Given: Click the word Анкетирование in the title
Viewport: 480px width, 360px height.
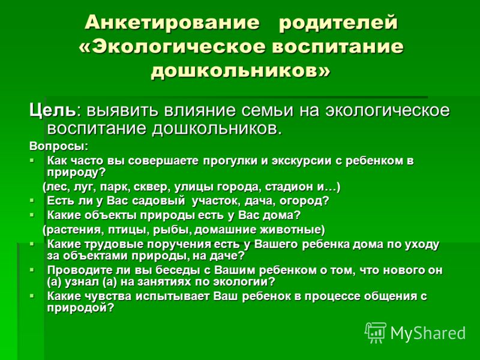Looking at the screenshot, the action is pyautogui.click(x=172, y=22).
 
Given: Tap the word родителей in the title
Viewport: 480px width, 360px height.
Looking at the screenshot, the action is pyautogui.click(x=338, y=23).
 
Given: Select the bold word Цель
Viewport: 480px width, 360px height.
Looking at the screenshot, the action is pyautogui.click(x=52, y=111).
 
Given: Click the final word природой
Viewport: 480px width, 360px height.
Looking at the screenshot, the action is pyautogui.click(x=77, y=307).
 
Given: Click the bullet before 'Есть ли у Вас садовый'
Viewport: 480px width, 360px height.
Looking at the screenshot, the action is pyautogui.click(x=32, y=200).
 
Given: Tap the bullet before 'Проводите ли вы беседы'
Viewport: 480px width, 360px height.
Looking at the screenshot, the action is pyautogui.click(x=32, y=270).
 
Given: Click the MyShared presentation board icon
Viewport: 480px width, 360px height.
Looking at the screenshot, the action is pyautogui.click(x=376, y=332).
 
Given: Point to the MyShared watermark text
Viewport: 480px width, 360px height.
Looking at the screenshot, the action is pyautogui.click(x=428, y=332).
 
